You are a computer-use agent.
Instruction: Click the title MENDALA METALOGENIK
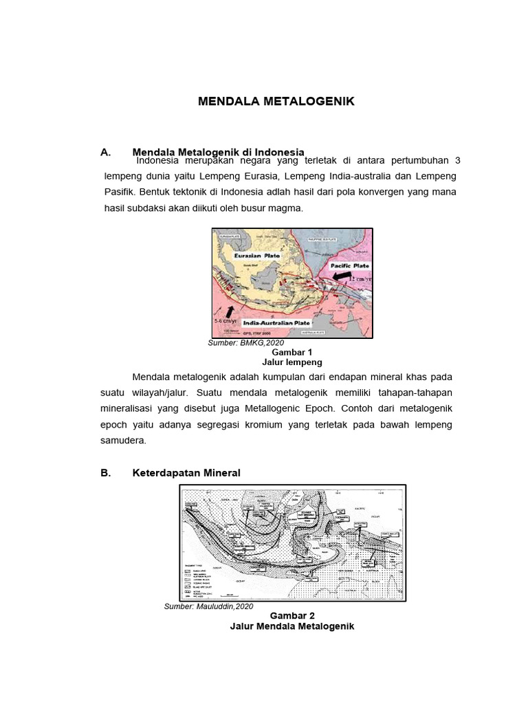276,102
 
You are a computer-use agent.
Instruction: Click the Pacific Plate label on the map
349,265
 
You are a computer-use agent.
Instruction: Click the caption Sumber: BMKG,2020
245,342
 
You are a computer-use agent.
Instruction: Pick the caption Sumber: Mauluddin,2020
209,606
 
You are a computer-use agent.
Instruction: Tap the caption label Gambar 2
292,615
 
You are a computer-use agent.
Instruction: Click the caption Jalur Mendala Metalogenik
292,626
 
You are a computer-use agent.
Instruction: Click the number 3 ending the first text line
458,159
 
